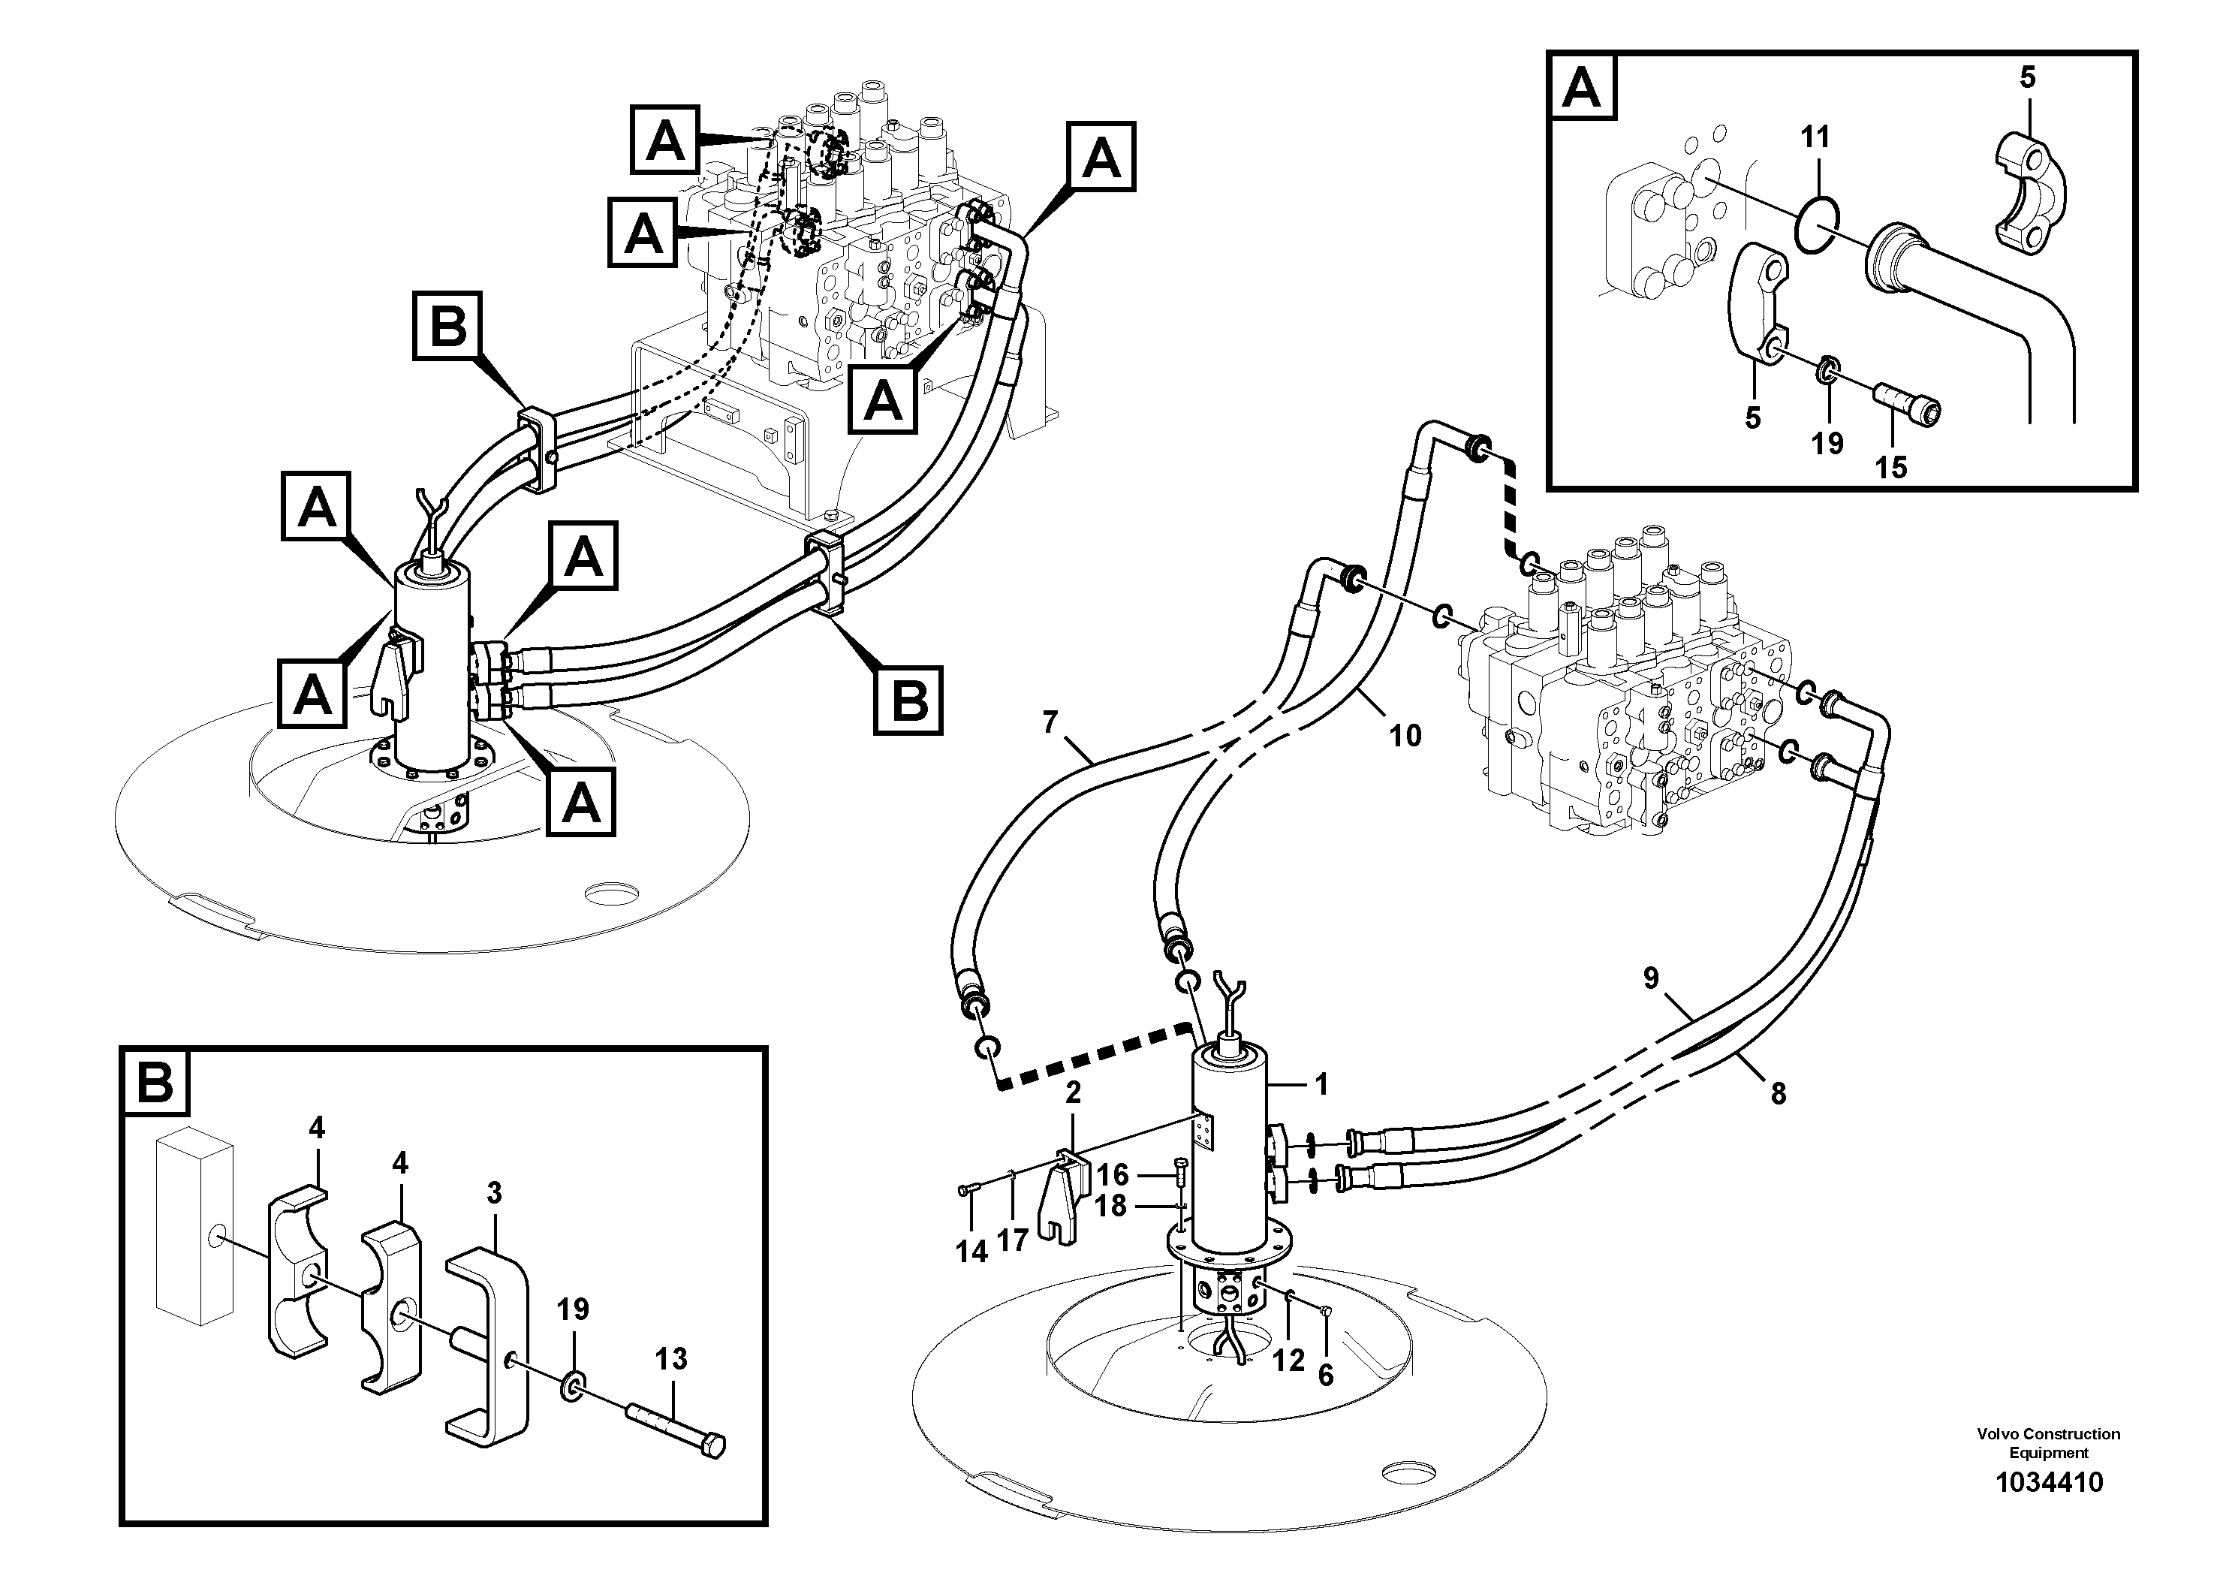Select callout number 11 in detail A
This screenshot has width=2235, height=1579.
tap(1815, 137)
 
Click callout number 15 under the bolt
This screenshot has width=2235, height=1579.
tap(1891, 467)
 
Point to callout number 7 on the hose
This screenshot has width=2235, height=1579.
tap(1050, 722)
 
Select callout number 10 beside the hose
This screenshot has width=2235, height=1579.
tap(1405, 735)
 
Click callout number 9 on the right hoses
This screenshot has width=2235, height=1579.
tap(1651, 978)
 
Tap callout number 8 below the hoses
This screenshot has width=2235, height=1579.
tap(1779, 1094)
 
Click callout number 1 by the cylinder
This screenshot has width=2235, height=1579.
tap(1321, 1084)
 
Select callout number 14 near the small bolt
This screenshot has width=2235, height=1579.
tap(971, 1251)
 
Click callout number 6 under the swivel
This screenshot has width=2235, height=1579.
tap(1325, 1375)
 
